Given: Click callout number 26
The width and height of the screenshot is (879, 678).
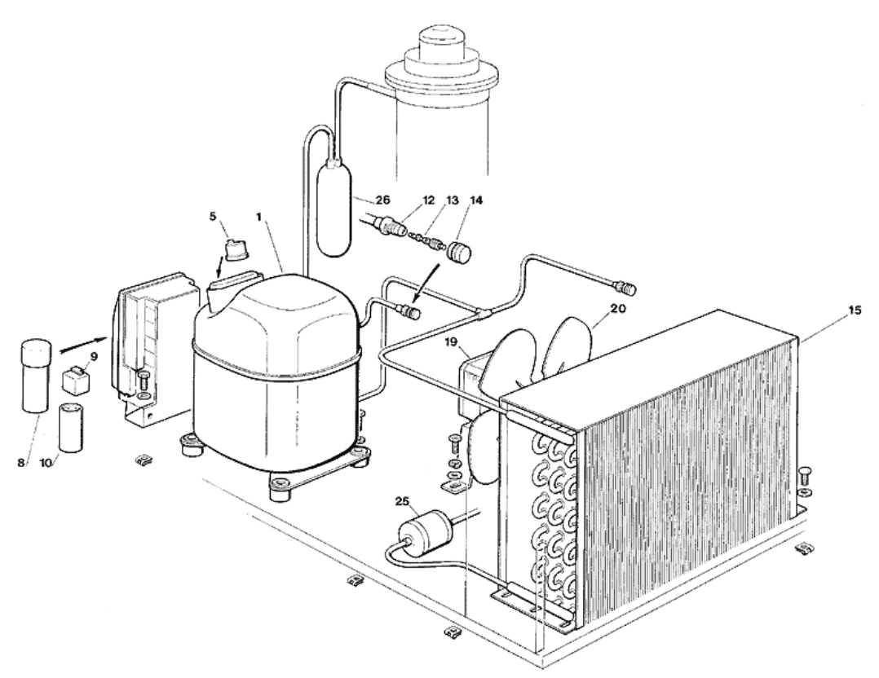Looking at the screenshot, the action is pos(383,200).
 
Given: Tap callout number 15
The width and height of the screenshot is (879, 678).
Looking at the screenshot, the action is pos(855,310).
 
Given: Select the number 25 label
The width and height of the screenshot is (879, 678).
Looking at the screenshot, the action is pos(403,501).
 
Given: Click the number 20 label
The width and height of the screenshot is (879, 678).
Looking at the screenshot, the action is pos(618,308).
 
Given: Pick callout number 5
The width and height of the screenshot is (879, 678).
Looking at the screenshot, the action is pos(213,216).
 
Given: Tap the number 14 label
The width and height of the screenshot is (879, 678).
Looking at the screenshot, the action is pos(475,200).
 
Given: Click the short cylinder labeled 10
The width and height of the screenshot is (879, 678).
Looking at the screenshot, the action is pos(71,427).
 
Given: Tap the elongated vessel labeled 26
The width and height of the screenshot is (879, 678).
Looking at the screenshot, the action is pos(334,209).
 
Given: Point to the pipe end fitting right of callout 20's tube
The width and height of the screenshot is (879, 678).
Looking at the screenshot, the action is pos(626,288).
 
